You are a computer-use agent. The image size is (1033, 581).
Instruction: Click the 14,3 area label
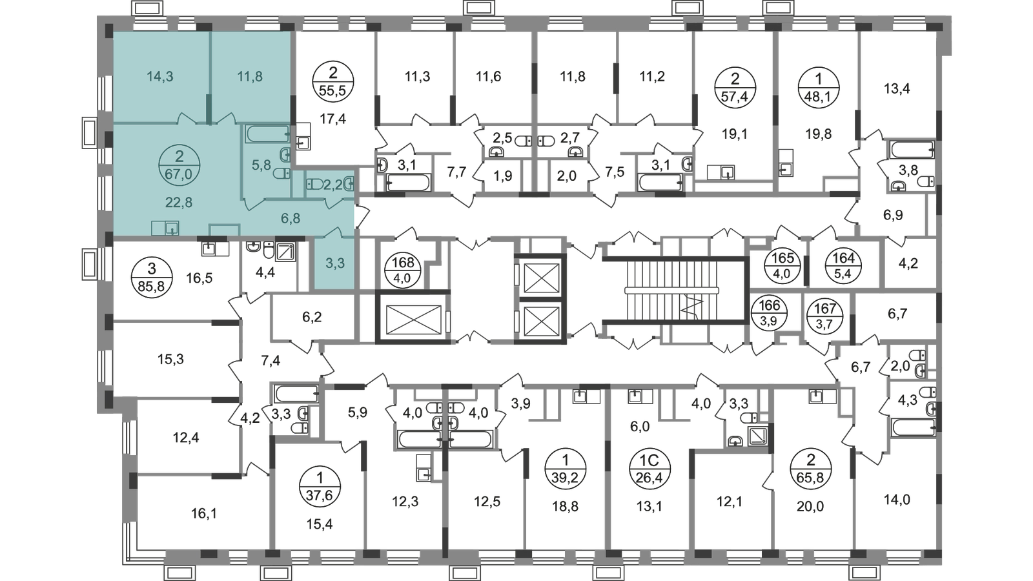pos(160,77)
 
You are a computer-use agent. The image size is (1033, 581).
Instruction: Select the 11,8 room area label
pos(250,77)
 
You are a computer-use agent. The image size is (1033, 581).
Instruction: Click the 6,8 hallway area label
pos(291,219)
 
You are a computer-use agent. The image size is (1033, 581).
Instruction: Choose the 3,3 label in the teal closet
pos(335,263)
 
